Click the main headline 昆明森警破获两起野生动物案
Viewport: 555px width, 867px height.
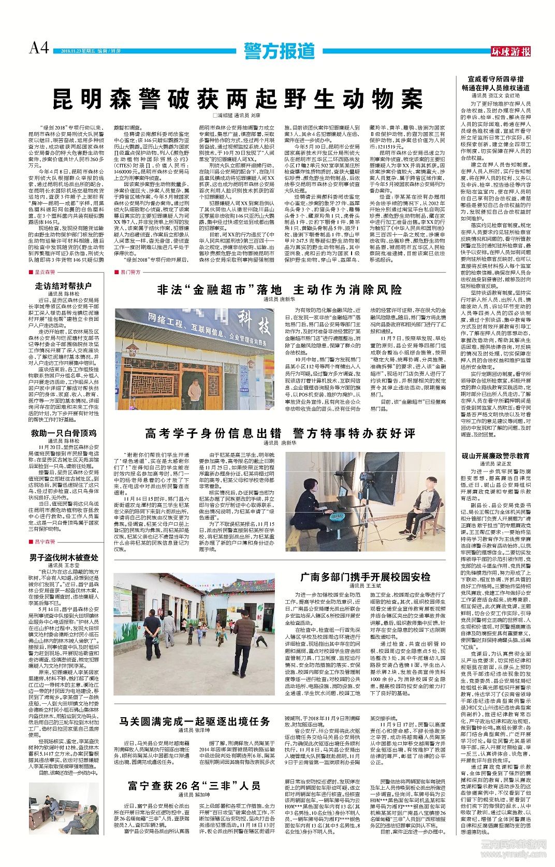[238, 98]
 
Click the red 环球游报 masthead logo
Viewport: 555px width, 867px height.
[510, 51]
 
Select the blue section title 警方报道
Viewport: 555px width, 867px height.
[280, 51]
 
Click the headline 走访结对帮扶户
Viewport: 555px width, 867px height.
[63, 286]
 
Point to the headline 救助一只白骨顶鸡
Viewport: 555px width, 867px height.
[63, 433]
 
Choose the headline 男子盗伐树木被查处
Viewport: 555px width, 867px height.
[64, 558]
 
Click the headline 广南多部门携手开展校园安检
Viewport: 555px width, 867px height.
[365, 577]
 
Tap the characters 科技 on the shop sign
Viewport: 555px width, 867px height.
[253, 325]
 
